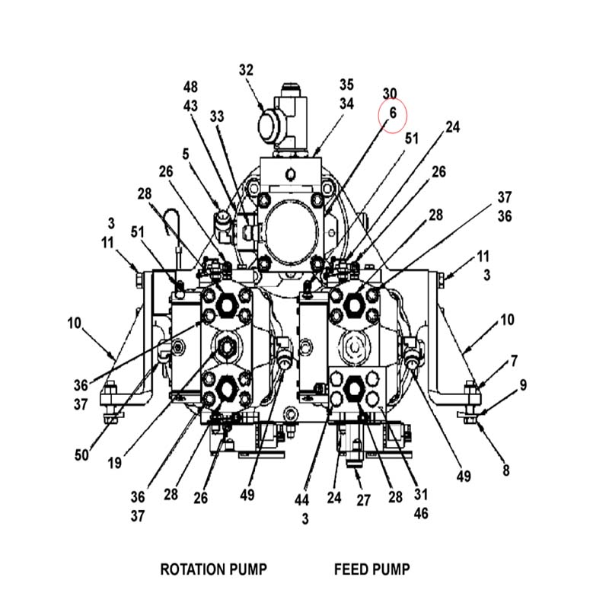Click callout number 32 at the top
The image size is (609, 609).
246,70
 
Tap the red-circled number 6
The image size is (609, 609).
393,113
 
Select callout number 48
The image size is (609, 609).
190,87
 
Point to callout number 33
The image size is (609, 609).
217,116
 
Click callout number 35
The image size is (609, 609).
347,84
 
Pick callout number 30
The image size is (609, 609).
390,94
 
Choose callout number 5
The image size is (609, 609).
186,155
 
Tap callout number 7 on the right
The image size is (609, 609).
514,361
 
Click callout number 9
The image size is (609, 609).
523,385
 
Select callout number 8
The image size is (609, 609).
505,470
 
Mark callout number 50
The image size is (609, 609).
81,454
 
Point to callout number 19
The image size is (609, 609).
115,463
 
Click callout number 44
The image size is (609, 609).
301,500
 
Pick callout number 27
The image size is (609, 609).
364,500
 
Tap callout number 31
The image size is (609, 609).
421,494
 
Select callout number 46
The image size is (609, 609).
421,513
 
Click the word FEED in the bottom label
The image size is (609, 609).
348,569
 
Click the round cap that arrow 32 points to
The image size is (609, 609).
269,125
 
